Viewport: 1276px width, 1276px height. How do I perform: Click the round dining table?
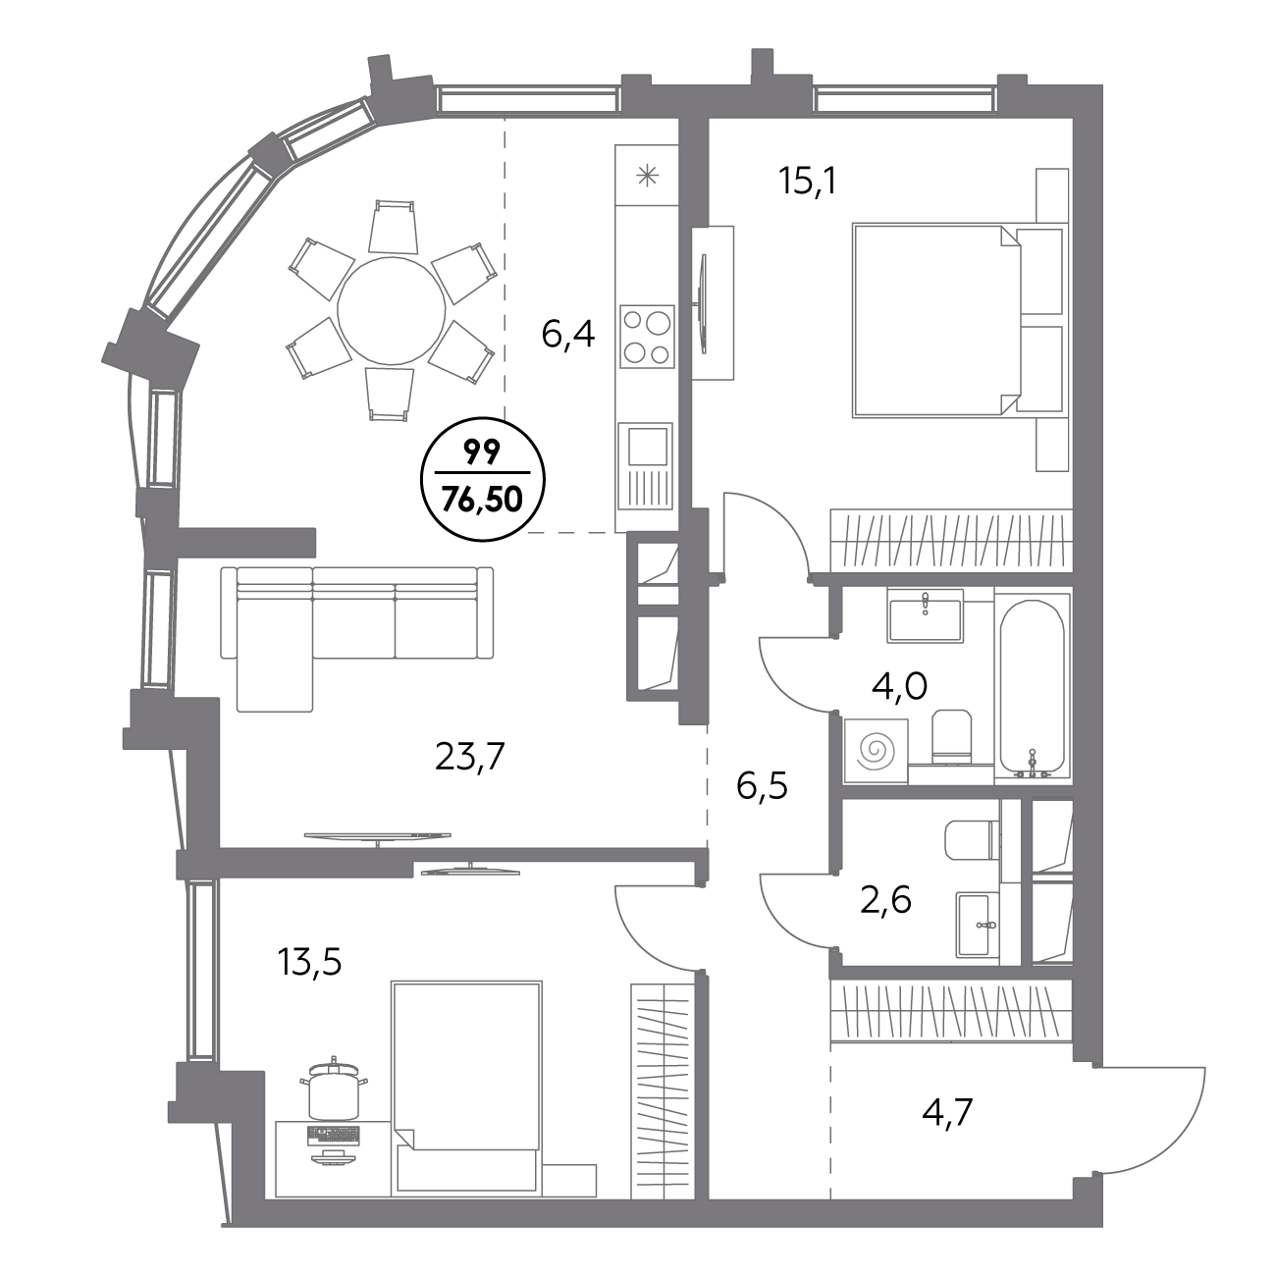[x=392, y=310]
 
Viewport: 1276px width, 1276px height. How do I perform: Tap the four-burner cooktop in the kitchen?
[x=647, y=337]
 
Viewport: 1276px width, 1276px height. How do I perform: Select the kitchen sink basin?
[x=648, y=447]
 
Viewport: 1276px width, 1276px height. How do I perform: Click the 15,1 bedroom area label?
[x=808, y=181]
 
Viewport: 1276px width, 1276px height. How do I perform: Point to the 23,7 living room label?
[x=470, y=756]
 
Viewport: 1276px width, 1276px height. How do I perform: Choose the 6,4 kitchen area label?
[x=568, y=335]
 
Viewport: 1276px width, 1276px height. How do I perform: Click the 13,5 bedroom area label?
[x=310, y=962]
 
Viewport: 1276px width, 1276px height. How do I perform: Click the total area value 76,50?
[x=482, y=499]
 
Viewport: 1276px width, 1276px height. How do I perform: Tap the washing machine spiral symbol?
[x=877, y=751]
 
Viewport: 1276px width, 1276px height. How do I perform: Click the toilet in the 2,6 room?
[x=972, y=841]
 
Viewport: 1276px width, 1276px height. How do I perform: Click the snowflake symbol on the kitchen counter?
[x=647, y=176]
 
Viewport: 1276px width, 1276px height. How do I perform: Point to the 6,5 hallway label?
[x=762, y=786]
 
